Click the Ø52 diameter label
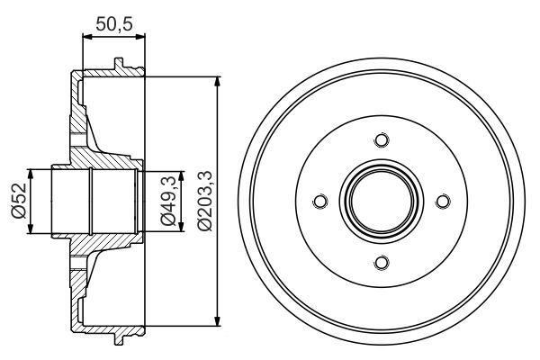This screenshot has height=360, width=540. point(17,201)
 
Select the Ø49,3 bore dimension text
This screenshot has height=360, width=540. point(166,201)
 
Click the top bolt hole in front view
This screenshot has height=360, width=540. point(381,140)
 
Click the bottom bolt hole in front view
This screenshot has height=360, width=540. point(381,262)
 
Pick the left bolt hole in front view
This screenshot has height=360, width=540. point(319,202)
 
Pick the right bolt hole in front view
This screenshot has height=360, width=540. point(442,202)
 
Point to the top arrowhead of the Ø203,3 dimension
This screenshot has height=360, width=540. point(217,81)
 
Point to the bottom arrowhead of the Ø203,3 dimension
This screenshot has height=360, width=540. point(217,321)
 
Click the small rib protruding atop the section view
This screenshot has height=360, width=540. point(117,64)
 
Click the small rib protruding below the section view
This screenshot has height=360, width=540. point(117,339)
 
